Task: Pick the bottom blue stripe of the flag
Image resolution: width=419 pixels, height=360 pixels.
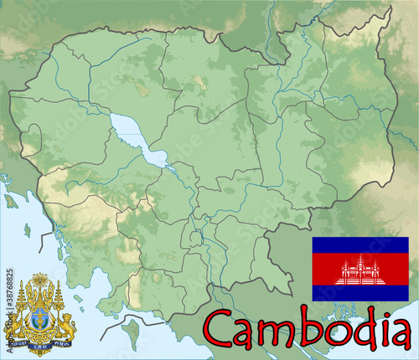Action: click(x=360, y=294)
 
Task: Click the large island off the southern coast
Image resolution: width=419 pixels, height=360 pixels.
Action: click(x=130, y=333)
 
